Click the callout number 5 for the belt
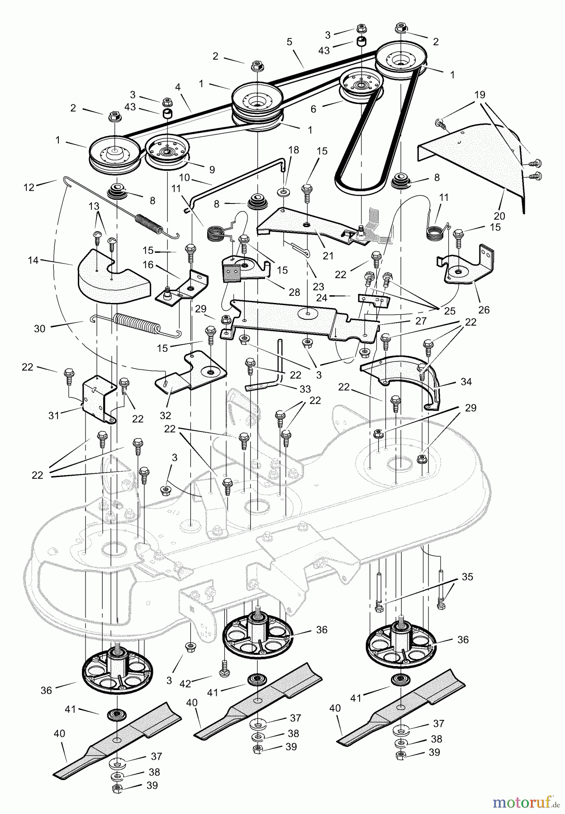pyautogui.click(x=290, y=42)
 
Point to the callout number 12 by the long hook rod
pyautogui.click(x=29, y=187)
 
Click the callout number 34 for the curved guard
pyautogui.click(x=466, y=382)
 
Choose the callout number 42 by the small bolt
pyautogui.click(x=185, y=684)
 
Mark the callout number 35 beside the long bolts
pyautogui.click(x=467, y=577)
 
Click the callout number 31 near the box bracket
pyautogui.click(x=54, y=415)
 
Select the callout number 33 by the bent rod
pyautogui.click(x=305, y=389)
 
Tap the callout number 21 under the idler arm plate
pyautogui.click(x=328, y=256)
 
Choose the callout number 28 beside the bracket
pyautogui.click(x=294, y=292)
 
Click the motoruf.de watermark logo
pyautogui.click(x=524, y=802)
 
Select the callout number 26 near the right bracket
pyautogui.click(x=484, y=310)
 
